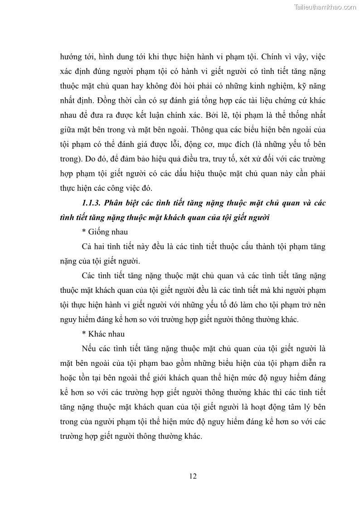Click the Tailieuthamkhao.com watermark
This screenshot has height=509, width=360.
tap(325, 7)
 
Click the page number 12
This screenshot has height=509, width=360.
tap(193, 476)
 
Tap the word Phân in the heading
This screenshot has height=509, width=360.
tap(117, 203)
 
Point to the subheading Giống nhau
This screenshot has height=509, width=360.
tap(102, 232)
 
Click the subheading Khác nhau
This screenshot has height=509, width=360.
tap(103, 334)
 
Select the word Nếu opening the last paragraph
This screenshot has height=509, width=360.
tap(90, 349)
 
